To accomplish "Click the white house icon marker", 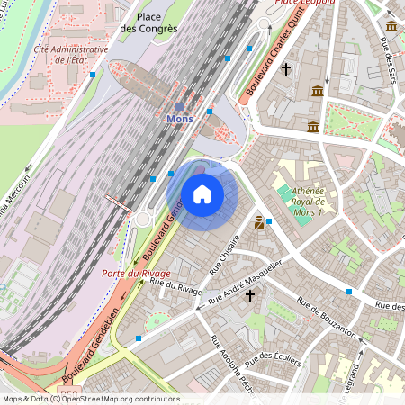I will (202, 193).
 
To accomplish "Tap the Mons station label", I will (180, 119).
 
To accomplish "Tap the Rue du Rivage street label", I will (176, 286).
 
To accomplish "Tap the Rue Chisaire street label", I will (225, 254).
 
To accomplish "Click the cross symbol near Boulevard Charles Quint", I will (286, 68).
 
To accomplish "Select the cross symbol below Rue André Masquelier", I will (250, 295).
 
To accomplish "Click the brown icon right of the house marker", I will (259, 221).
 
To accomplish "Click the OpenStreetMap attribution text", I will (90, 398).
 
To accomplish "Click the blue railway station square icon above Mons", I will (179, 106).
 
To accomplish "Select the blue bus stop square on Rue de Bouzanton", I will (348, 292).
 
